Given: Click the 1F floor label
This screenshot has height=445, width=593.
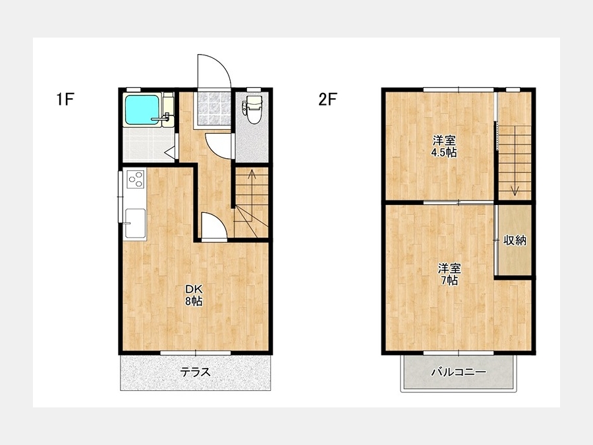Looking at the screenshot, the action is tap(65, 99).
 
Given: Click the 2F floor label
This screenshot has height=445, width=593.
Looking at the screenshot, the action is tap(327, 99).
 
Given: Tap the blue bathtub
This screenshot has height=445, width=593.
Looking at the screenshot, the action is tap(142, 109).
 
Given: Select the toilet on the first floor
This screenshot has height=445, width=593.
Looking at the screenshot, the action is tap(252, 109).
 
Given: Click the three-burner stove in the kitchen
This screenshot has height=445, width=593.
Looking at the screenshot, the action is tap(136, 179).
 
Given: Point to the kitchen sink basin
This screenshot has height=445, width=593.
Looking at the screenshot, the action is tap(135, 223).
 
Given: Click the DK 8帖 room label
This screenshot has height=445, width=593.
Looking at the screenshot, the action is tap(194, 295).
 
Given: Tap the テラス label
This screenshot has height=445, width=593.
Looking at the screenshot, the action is tap(195, 372).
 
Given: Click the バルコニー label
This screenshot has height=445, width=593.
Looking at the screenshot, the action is tap(459, 372).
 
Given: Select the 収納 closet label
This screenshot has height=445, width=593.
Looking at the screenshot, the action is tap(515, 240).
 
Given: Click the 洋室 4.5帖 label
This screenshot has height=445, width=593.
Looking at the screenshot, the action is tap(444, 146).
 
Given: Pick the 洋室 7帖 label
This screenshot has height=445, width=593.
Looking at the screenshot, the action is tap(449, 274).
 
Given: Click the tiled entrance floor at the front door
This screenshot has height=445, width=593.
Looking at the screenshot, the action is tap(213, 108).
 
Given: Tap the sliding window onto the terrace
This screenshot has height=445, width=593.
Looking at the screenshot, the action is tap(195, 353).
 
